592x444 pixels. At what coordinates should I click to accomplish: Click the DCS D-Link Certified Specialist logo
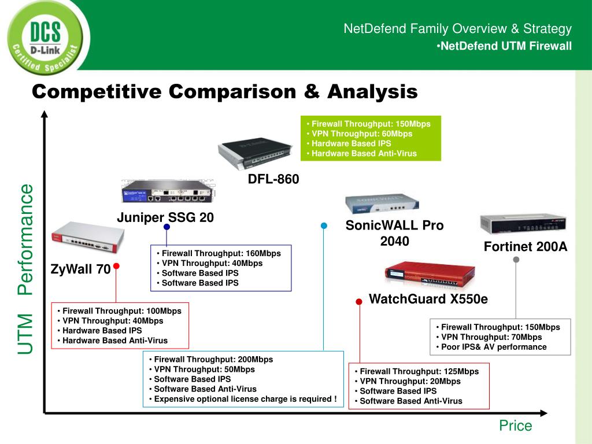(x=45, y=37)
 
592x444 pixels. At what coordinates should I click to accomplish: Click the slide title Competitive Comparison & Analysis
(x=224, y=91)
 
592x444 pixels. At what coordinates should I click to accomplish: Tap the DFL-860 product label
(x=273, y=179)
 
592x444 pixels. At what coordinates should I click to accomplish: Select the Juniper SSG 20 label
(x=165, y=217)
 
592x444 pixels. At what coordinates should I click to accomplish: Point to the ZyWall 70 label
(x=80, y=269)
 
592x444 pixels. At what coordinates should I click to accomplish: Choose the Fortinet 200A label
(x=526, y=247)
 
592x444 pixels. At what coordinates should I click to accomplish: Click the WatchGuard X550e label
(x=428, y=299)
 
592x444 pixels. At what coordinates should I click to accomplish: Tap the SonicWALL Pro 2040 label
(x=394, y=233)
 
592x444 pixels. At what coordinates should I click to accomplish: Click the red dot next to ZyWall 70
(x=116, y=267)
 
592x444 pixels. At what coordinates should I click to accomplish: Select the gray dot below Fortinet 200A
(x=516, y=260)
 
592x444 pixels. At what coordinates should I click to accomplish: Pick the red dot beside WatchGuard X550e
(x=359, y=301)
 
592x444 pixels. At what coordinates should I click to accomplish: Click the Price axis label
(x=515, y=426)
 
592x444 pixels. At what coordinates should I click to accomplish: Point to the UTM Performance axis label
(x=26, y=268)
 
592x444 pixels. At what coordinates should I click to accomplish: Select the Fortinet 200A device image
(x=522, y=224)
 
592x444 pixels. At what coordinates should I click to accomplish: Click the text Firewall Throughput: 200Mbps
(x=213, y=359)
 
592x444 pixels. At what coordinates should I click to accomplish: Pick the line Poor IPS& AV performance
(x=494, y=347)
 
